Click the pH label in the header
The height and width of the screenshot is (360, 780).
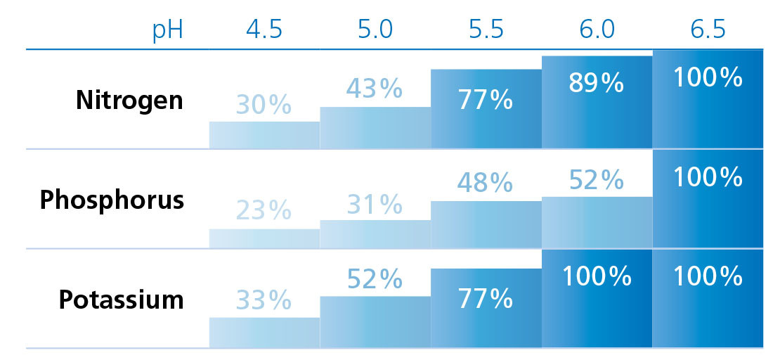(x=168, y=32)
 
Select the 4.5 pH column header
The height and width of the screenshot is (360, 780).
(x=264, y=32)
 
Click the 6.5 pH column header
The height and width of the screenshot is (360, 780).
(x=707, y=32)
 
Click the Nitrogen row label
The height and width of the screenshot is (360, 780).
(x=129, y=100)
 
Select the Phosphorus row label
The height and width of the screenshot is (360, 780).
(x=112, y=200)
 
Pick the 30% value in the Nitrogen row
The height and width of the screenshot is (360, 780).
(x=264, y=105)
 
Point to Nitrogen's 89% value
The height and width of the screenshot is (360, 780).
(x=596, y=83)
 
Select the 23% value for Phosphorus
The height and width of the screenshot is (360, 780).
(x=264, y=210)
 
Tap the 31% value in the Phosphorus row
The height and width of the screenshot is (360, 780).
(x=374, y=204)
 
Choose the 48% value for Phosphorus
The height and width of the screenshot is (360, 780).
(x=485, y=183)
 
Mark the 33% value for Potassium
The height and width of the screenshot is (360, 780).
(x=264, y=301)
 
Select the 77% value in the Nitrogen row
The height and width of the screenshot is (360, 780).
(x=485, y=101)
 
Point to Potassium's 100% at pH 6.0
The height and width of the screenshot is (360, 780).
(x=596, y=276)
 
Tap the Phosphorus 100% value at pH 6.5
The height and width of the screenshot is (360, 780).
(x=707, y=176)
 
